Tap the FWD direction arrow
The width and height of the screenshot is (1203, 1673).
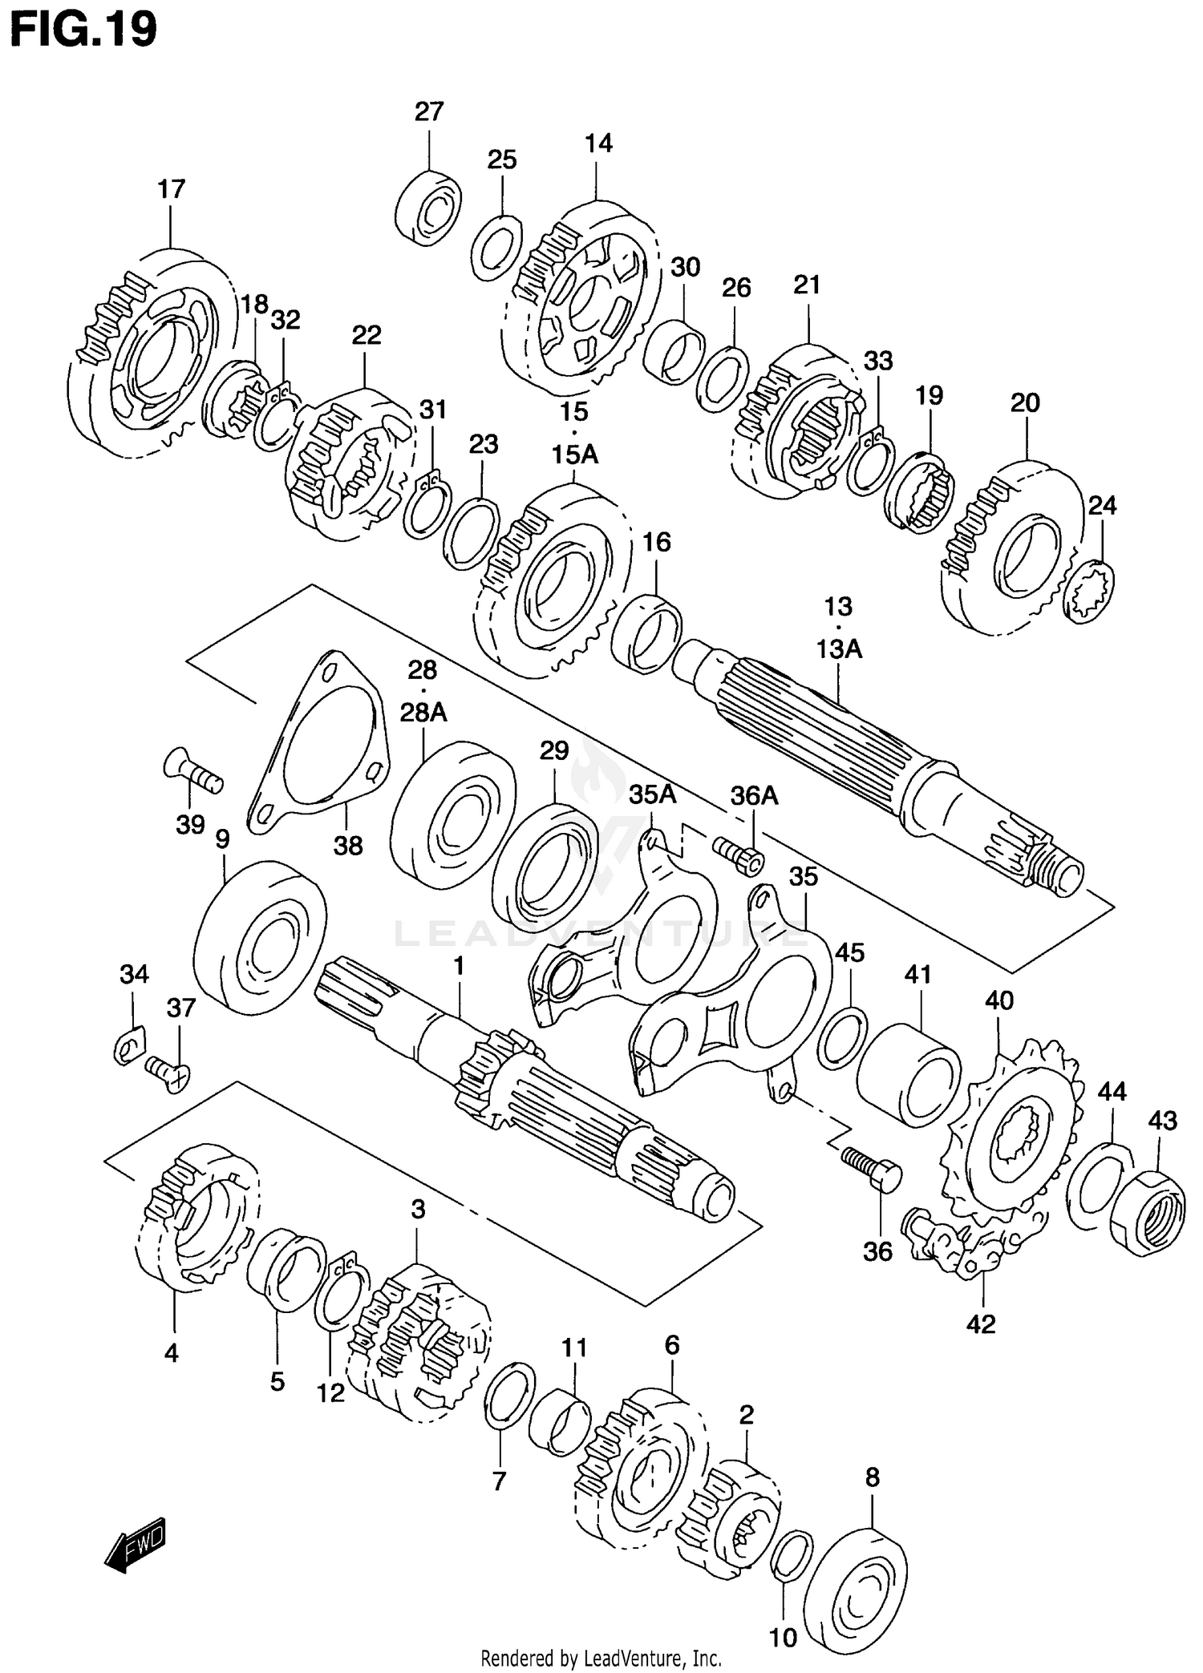pyautogui.click(x=135, y=1543)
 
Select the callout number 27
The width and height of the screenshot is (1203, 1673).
pyautogui.click(x=429, y=111)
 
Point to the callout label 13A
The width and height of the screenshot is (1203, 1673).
pyautogui.click(x=839, y=649)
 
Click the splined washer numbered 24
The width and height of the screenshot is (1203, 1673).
pyautogui.click(x=1089, y=592)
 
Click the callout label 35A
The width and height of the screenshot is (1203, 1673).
pyautogui.click(x=652, y=795)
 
